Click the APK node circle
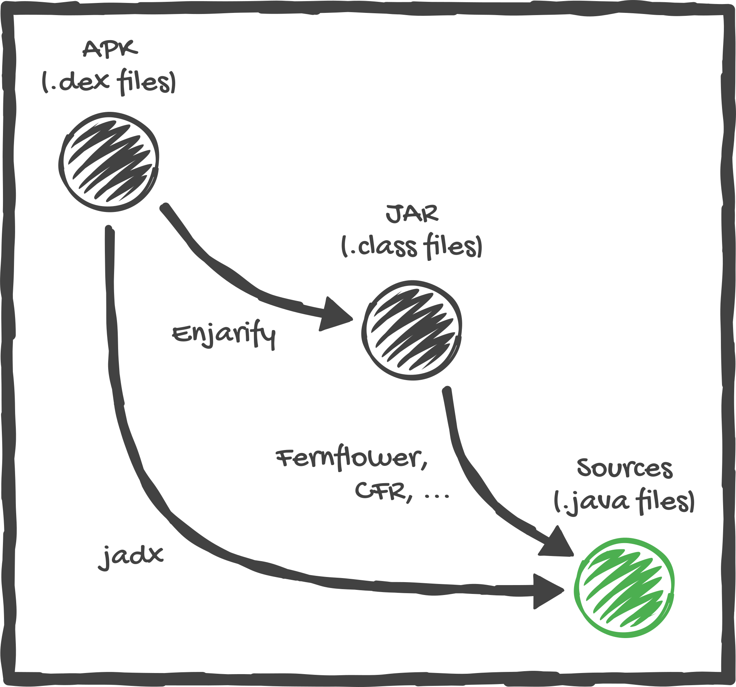point(109,162)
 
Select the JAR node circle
point(412,330)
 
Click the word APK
point(110,49)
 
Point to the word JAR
point(412,213)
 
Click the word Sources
point(625,468)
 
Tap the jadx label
point(130,556)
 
